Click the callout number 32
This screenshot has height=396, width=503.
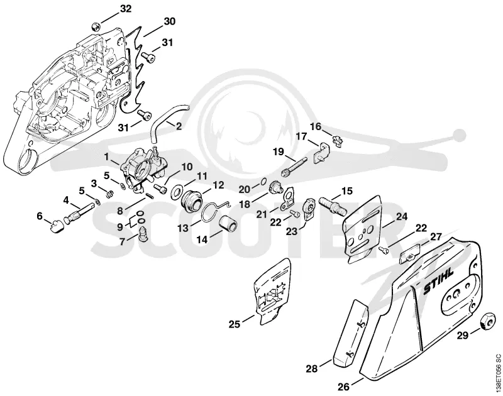click(125, 9)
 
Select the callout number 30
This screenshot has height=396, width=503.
click(169, 22)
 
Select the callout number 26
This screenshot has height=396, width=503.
click(343, 387)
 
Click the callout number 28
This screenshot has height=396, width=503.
click(311, 369)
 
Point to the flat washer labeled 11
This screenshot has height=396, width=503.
click(177, 192)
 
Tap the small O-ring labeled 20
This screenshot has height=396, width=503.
click(263, 182)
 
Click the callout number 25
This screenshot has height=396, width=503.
click(234, 324)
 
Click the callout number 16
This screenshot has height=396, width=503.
click(316, 126)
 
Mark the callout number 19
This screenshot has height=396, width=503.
click(279, 151)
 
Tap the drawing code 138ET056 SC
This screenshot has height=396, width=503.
click(497, 371)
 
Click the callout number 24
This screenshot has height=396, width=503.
click(402, 216)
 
